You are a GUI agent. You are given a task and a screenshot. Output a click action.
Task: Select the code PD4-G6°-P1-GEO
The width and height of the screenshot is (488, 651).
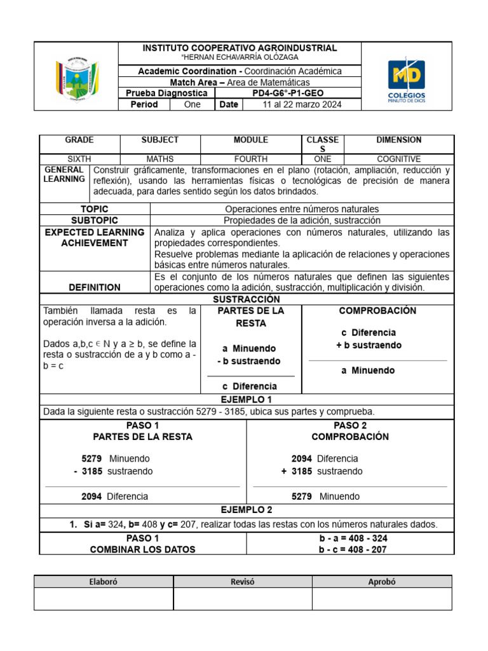(x=288, y=93)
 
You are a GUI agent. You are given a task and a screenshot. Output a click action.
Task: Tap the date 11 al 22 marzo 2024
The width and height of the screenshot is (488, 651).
(x=302, y=104)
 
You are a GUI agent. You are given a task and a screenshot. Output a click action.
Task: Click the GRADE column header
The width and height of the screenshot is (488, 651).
(x=79, y=140)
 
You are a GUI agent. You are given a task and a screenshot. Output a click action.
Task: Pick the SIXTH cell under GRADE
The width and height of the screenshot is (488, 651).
(x=79, y=159)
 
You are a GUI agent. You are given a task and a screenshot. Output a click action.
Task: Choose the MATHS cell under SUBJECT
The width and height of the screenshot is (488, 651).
(x=160, y=159)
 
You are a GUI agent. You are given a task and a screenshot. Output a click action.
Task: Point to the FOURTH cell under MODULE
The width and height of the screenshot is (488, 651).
(x=251, y=159)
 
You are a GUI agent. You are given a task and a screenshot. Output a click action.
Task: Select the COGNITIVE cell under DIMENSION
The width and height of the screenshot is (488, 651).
(x=398, y=159)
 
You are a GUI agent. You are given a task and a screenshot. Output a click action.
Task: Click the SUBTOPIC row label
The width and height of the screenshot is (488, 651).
(x=95, y=220)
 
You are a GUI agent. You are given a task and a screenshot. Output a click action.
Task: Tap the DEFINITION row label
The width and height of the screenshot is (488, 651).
(x=95, y=287)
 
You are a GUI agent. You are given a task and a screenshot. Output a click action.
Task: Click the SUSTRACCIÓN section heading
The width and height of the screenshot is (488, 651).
(x=247, y=299)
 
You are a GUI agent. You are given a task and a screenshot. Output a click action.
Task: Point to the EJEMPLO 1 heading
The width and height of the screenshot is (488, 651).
(x=247, y=399)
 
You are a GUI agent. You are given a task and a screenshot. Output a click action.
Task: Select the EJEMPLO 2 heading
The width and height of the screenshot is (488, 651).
(x=247, y=510)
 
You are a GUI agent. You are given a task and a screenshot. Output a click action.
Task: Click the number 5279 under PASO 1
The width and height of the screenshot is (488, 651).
(x=91, y=458)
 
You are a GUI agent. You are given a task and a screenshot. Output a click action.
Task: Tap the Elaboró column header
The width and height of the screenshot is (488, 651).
(x=104, y=582)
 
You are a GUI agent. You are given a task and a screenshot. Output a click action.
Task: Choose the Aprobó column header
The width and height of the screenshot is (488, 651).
(x=382, y=582)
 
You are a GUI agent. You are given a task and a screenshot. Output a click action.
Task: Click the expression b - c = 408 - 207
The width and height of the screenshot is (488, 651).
(x=353, y=549)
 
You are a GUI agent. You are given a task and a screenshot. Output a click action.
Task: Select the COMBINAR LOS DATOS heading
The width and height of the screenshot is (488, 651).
(x=143, y=549)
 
